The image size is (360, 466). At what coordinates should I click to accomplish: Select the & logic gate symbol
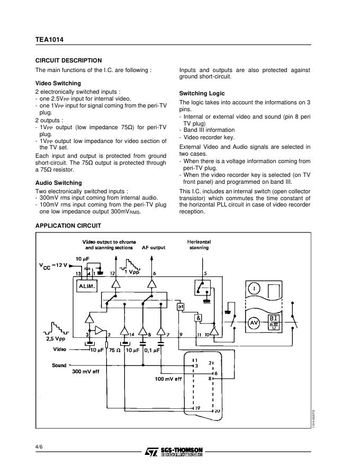point(199,318)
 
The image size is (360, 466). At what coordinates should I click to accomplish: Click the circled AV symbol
point(254,322)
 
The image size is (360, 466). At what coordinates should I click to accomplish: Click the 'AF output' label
point(154,247)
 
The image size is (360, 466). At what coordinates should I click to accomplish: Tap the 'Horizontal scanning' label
point(199,245)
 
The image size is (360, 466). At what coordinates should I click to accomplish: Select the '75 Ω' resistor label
point(114,349)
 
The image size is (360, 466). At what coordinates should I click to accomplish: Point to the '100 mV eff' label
point(168,379)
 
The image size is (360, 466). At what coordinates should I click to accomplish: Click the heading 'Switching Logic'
point(202,93)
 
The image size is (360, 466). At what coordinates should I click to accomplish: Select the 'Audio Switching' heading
point(58,183)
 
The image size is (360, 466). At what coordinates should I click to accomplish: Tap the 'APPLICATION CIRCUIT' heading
point(68,226)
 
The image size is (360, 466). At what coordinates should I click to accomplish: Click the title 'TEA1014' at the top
point(50,39)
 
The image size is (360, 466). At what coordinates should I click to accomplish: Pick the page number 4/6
point(39,447)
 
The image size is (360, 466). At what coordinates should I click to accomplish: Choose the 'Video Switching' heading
point(58,83)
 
